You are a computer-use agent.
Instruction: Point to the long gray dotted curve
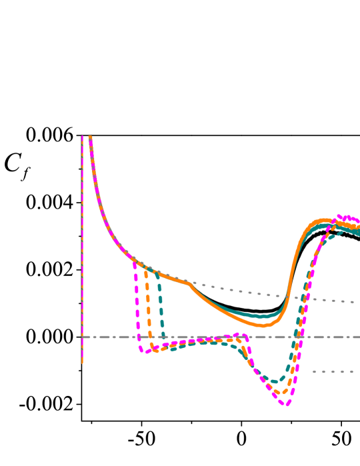coord(240,291)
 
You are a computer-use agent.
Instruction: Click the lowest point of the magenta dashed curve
coord(286,404)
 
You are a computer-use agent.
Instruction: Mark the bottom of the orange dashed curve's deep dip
coord(277,393)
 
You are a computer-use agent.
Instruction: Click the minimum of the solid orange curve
coord(264,325)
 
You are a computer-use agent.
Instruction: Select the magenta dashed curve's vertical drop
coord(137,307)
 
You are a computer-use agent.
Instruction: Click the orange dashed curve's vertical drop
coord(148,307)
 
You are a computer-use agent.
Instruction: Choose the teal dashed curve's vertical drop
coord(161,307)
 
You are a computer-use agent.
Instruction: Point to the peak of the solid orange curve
coord(323,220)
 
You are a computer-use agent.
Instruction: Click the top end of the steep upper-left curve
coord(90,137)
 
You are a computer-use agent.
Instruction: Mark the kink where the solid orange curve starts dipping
coord(187,283)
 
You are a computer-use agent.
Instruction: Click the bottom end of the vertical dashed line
coord(83,363)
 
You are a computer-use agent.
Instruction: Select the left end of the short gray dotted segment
coord(313,371)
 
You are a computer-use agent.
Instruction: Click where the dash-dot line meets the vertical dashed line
coord(83,337)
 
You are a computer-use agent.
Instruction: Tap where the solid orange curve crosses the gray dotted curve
coord(288,295)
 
